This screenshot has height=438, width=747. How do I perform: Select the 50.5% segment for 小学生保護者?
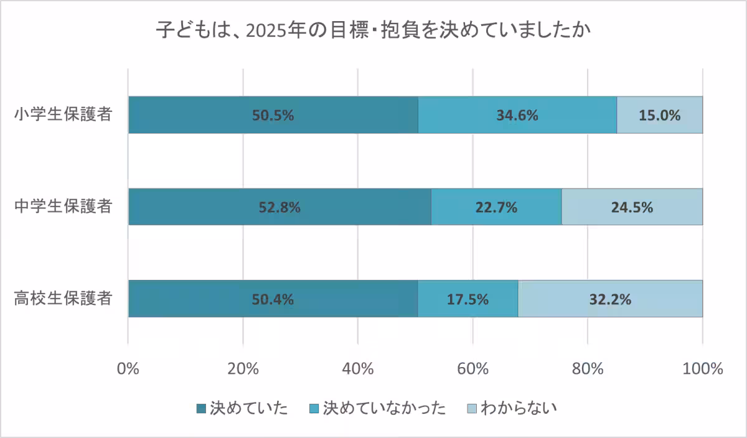273,115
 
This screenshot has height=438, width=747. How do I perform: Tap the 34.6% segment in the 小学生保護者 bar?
517,115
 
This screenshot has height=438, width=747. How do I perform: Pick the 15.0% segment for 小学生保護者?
659,115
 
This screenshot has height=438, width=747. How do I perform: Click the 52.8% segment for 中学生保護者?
280,207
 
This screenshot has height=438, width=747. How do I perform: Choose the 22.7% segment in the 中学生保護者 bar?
496,207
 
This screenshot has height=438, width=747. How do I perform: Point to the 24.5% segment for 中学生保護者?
632,207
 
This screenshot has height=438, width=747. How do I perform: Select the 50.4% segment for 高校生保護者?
273,299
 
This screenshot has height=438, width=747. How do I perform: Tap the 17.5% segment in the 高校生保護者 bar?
467,299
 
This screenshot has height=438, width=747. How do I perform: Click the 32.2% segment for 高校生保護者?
610,299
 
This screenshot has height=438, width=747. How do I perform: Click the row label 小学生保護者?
63,114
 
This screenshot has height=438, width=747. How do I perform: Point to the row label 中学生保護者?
63,207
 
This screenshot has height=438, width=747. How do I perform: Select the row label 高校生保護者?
63,298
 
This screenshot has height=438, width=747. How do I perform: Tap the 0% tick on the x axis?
128,368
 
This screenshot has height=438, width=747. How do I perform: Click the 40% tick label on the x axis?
358,368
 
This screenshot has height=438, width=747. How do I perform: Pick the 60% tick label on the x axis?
473,368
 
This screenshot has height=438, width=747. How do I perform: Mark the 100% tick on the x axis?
703,368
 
